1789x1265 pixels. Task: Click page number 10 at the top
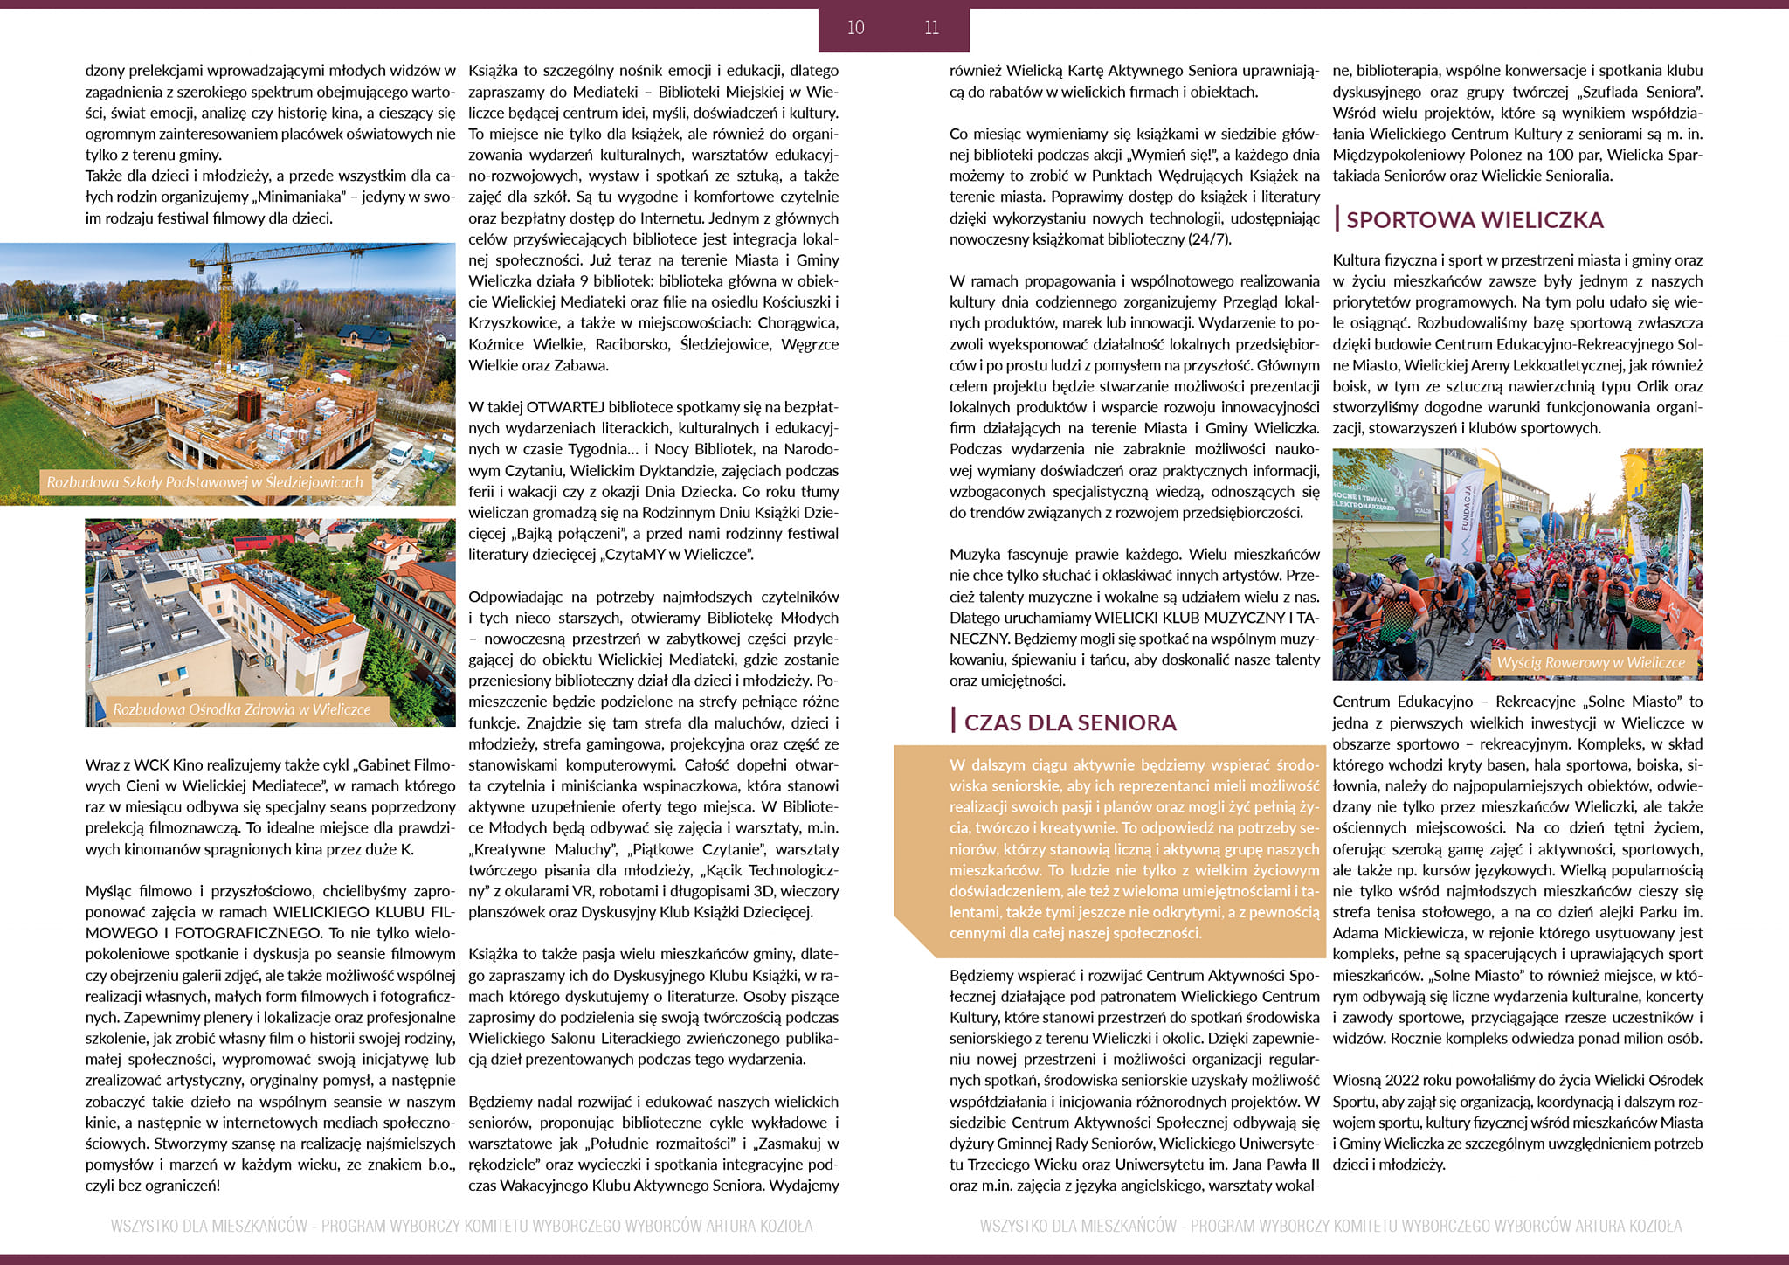pos(856,28)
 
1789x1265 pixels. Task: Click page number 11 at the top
pos(931,28)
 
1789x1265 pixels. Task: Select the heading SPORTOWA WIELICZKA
pos(1475,220)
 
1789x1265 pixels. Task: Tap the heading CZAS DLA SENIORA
pos(1070,722)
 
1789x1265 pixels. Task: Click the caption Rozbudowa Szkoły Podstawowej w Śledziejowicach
pos(204,482)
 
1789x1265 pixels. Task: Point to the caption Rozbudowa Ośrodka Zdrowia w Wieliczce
pos(242,709)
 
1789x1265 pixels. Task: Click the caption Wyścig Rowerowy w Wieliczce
pos(1590,662)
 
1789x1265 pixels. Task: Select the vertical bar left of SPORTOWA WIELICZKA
pos(1337,218)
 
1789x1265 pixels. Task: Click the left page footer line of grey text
pos(461,1226)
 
